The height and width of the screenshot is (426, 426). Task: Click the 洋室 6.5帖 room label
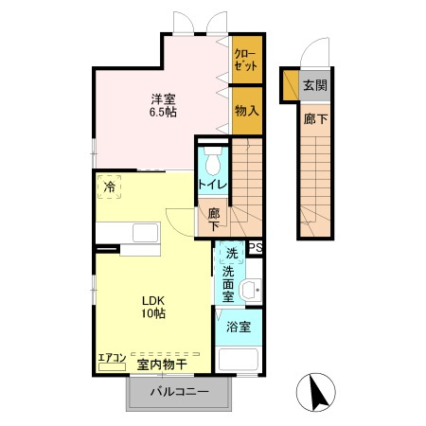163,104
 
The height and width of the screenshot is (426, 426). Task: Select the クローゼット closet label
244,61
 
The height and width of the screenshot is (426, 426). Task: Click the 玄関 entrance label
314,85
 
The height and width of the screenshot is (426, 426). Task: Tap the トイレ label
211,185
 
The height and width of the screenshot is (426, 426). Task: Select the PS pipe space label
255,249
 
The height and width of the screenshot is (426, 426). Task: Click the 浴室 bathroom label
239,328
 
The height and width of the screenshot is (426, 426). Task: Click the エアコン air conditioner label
112,358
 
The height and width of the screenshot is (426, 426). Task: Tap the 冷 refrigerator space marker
111,188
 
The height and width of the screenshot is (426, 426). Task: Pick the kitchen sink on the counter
146,233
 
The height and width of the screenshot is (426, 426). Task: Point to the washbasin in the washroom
250,290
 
